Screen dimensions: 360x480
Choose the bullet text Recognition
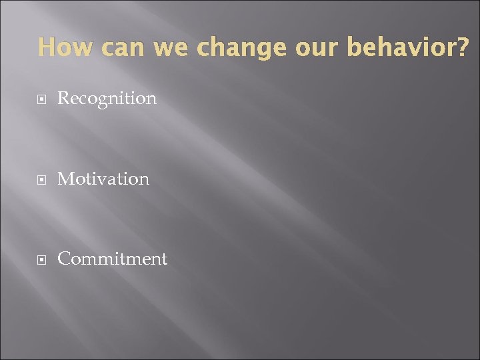pyautogui.click(x=107, y=99)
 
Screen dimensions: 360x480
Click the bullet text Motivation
pyautogui.click(x=103, y=179)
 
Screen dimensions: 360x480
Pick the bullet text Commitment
pyautogui.click(x=112, y=259)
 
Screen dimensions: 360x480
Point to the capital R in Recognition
pyautogui.click(x=63, y=98)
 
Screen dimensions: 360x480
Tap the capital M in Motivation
pyautogui.click(x=65, y=179)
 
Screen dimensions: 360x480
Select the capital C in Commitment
pyautogui.click(x=64, y=259)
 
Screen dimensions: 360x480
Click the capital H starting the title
pyautogui.click(x=46, y=47)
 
